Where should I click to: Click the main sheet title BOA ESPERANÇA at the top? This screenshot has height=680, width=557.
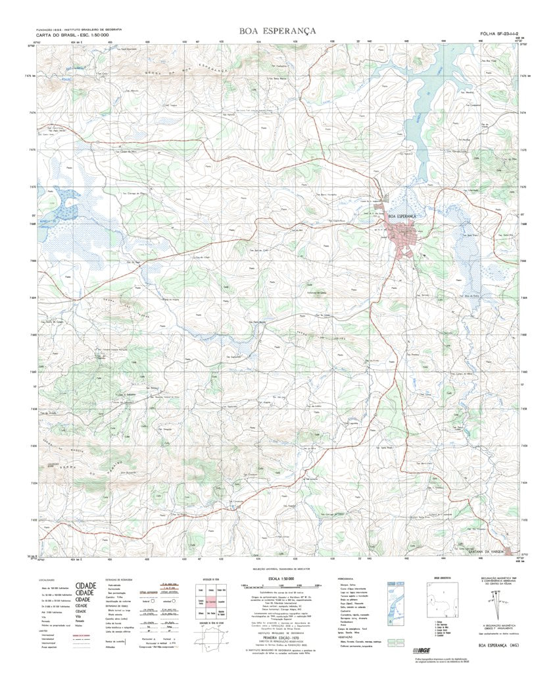(x=278, y=31)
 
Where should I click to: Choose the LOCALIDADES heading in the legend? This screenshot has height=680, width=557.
(x=47, y=579)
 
